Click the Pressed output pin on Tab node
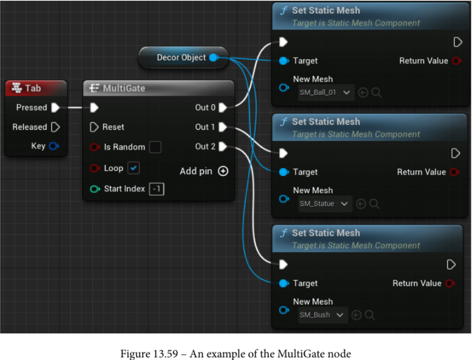[56, 107]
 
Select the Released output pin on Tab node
[56, 127]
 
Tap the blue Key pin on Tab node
[54, 146]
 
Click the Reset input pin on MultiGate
[94, 127]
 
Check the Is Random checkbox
[155, 147]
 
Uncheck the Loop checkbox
[134, 168]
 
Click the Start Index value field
[156, 189]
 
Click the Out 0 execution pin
[223, 107]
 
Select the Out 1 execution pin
[223, 127]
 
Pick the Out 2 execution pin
[223, 147]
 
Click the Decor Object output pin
[213, 58]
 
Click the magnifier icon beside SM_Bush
[370, 315]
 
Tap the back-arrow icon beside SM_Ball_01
[363, 92]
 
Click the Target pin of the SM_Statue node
[284, 172]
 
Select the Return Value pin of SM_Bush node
[450, 283]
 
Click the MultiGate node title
[124, 88]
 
